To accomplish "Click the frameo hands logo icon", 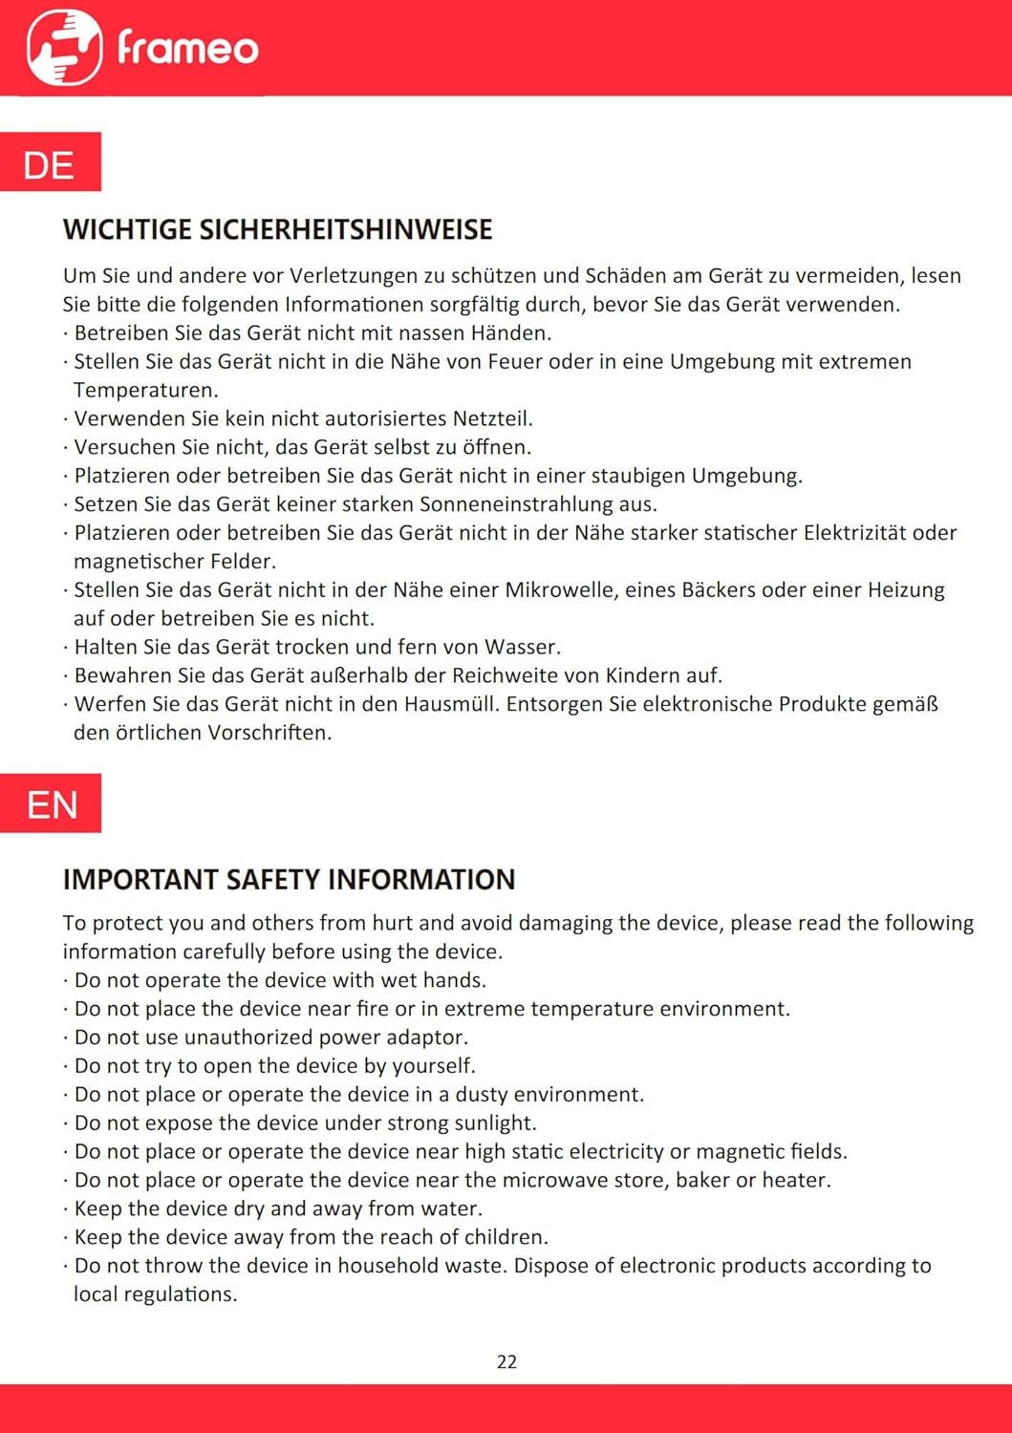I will click(x=64, y=47).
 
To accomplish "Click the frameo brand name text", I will click(x=187, y=48).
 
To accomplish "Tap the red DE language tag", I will click(x=50, y=163).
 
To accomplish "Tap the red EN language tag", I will click(x=52, y=804).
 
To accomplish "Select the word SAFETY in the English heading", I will click(x=271, y=880).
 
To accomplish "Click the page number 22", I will click(x=506, y=1361).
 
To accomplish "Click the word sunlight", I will click(x=495, y=1123).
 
